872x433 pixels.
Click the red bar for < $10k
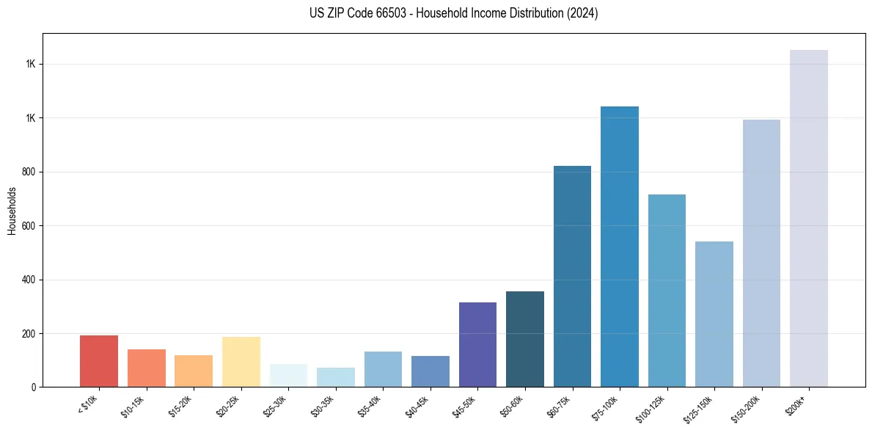pyautogui.click(x=99, y=361)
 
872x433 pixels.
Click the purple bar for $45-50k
pyautogui.click(x=477, y=345)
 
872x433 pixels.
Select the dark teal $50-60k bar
pyautogui.click(x=525, y=339)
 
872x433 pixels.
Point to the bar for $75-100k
pyautogui.click(x=620, y=247)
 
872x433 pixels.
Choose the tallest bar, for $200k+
pyautogui.click(x=809, y=219)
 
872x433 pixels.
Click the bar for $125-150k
pyautogui.click(x=714, y=314)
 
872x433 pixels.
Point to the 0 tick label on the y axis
pyautogui.click(x=34, y=387)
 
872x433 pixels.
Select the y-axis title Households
pyautogui.click(x=12, y=211)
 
